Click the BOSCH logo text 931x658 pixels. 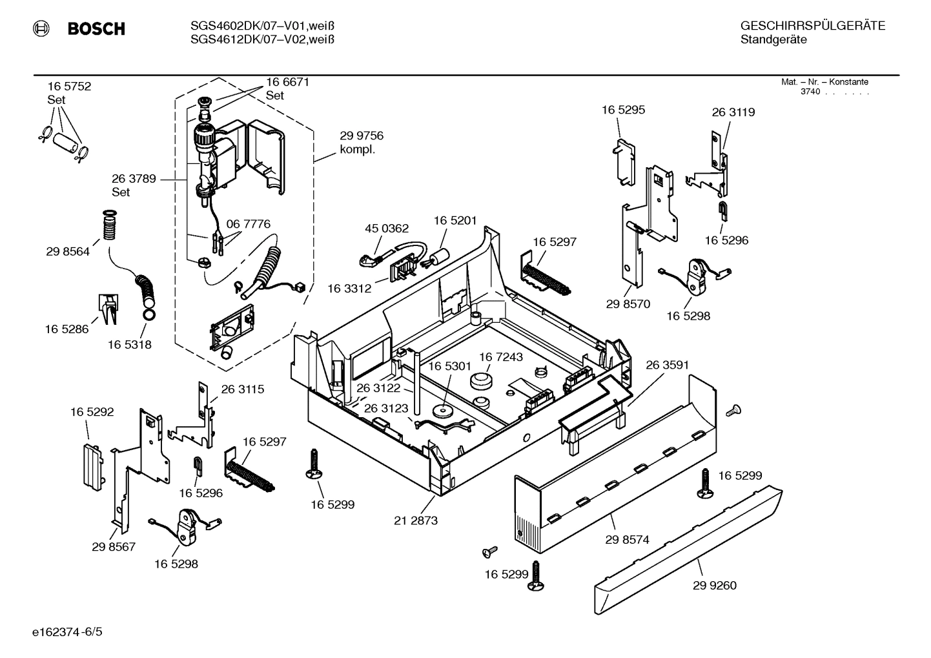(96, 29)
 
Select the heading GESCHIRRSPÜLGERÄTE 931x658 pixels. (812, 26)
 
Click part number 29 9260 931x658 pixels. (714, 586)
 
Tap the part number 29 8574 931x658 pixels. (627, 540)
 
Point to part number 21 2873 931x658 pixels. (416, 520)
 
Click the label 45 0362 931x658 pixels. (387, 228)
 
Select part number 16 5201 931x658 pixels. (455, 220)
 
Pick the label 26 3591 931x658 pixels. (667, 365)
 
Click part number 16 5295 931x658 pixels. (623, 110)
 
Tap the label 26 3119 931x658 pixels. (733, 112)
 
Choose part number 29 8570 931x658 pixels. (628, 303)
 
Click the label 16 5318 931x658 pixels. (129, 345)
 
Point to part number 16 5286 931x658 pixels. (66, 329)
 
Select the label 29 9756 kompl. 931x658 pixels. (361, 142)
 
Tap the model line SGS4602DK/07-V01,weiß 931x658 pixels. (261, 26)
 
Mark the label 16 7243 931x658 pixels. (500, 357)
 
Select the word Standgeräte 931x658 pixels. (773, 40)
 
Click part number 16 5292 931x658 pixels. (92, 412)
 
